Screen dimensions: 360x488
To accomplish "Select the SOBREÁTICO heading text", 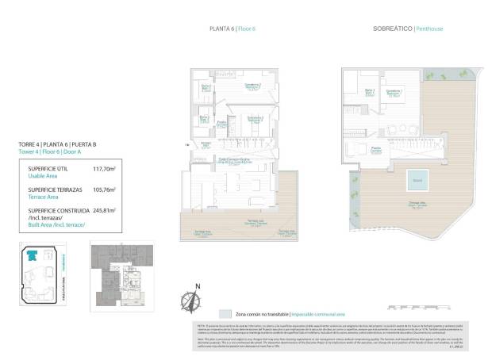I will click(x=391, y=29).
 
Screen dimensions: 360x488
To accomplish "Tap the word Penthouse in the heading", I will click(x=429, y=29).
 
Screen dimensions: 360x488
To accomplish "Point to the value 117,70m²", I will click(x=105, y=169).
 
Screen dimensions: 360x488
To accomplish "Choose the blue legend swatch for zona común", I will click(x=225, y=314).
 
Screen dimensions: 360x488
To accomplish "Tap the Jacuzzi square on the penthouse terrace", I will click(x=416, y=180).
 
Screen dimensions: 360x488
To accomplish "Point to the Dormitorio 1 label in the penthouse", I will click(x=394, y=93).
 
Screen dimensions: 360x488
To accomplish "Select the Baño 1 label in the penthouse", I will click(x=369, y=92).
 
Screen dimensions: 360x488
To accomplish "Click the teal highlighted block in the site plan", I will click(x=33, y=256).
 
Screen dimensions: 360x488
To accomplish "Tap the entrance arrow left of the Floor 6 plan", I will click(x=186, y=144).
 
